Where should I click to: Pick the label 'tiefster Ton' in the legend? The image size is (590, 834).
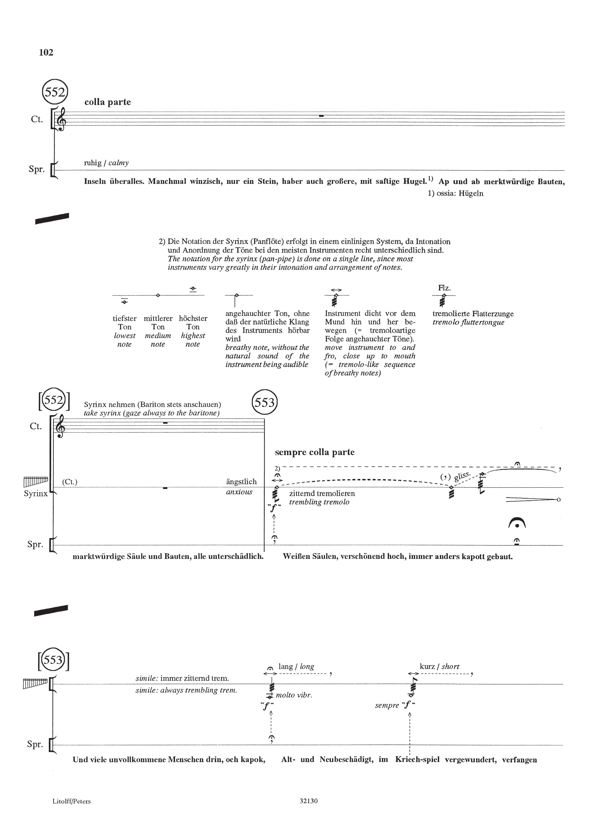click(124, 323)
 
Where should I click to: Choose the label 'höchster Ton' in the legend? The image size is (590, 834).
click(193, 323)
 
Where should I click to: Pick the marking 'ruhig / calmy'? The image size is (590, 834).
click(106, 163)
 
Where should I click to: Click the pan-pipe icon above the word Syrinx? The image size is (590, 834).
click(36, 482)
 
